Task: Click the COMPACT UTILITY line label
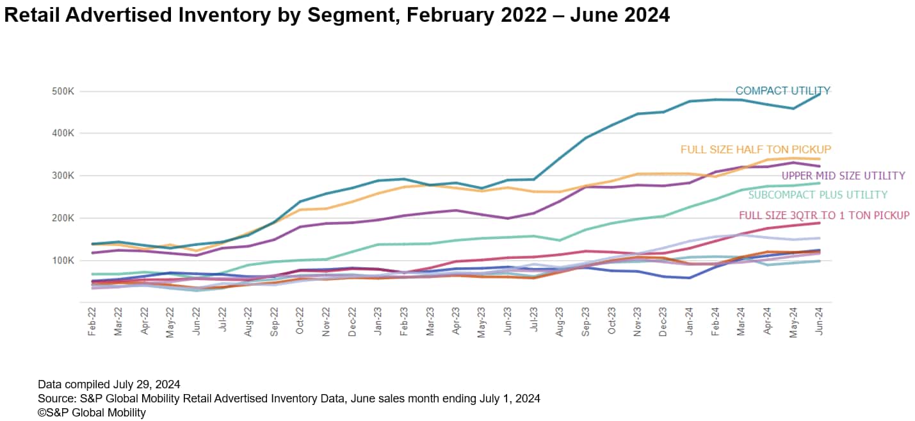(x=782, y=91)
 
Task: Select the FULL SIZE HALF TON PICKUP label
(x=756, y=149)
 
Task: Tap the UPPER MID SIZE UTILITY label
(x=843, y=176)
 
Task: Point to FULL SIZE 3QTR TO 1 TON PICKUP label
(x=824, y=215)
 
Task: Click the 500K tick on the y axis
(x=63, y=91)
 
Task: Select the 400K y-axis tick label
(x=63, y=133)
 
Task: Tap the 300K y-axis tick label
(x=63, y=176)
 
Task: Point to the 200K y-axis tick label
(x=63, y=218)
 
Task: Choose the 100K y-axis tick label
(x=63, y=260)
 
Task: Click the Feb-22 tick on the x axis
(x=92, y=322)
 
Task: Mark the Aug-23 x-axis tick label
(x=560, y=322)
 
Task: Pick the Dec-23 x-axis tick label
(x=664, y=322)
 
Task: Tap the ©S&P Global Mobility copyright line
(x=92, y=413)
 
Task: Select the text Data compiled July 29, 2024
(x=109, y=384)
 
